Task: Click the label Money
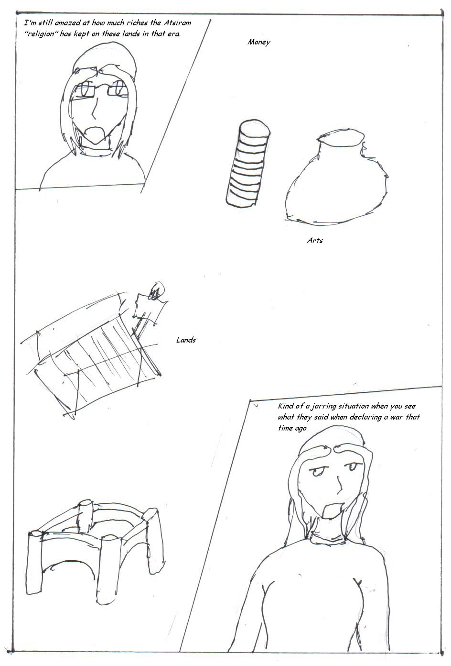[258, 42]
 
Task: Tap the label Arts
[315, 240]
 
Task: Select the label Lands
[186, 340]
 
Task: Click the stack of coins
[248, 163]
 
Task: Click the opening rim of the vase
[341, 137]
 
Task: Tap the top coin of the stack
[255, 128]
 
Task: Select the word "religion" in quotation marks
[41, 33]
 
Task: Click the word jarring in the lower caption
[323, 406]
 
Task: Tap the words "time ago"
[292, 428]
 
